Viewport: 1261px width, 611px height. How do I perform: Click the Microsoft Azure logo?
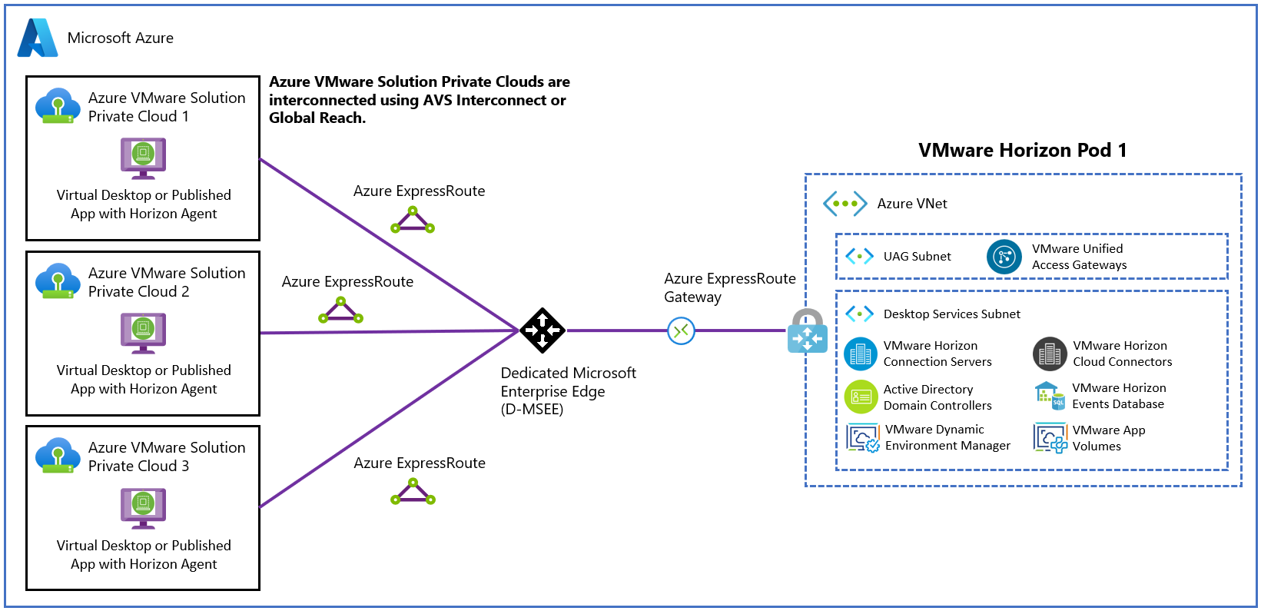coord(38,38)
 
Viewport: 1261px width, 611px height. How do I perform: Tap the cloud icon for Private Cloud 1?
coord(58,105)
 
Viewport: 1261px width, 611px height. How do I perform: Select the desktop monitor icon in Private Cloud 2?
coord(143,332)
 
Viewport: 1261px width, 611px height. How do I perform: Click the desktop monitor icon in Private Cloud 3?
coord(143,507)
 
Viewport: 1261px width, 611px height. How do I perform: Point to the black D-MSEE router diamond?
coord(543,330)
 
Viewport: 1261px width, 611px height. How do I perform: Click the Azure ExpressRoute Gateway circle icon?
coord(681,331)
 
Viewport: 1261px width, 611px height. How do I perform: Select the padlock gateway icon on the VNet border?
coord(807,331)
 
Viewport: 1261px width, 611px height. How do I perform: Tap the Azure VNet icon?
coord(845,204)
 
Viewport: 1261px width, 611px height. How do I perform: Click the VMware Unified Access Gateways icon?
coord(1004,257)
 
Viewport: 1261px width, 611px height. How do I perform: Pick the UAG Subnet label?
coord(917,257)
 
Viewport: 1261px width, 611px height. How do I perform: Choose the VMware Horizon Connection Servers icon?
coord(861,354)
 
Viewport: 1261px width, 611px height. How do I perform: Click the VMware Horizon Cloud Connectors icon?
coord(1050,354)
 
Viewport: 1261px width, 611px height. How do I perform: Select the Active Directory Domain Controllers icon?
coord(861,397)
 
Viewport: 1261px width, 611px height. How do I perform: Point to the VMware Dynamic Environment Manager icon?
coord(863,438)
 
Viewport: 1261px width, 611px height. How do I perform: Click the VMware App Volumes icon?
coord(1050,438)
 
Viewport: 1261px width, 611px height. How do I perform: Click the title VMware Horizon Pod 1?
coord(1022,151)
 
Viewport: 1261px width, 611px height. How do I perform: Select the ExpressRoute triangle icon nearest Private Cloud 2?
coord(340,311)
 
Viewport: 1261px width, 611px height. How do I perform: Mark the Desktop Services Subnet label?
coord(951,314)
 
